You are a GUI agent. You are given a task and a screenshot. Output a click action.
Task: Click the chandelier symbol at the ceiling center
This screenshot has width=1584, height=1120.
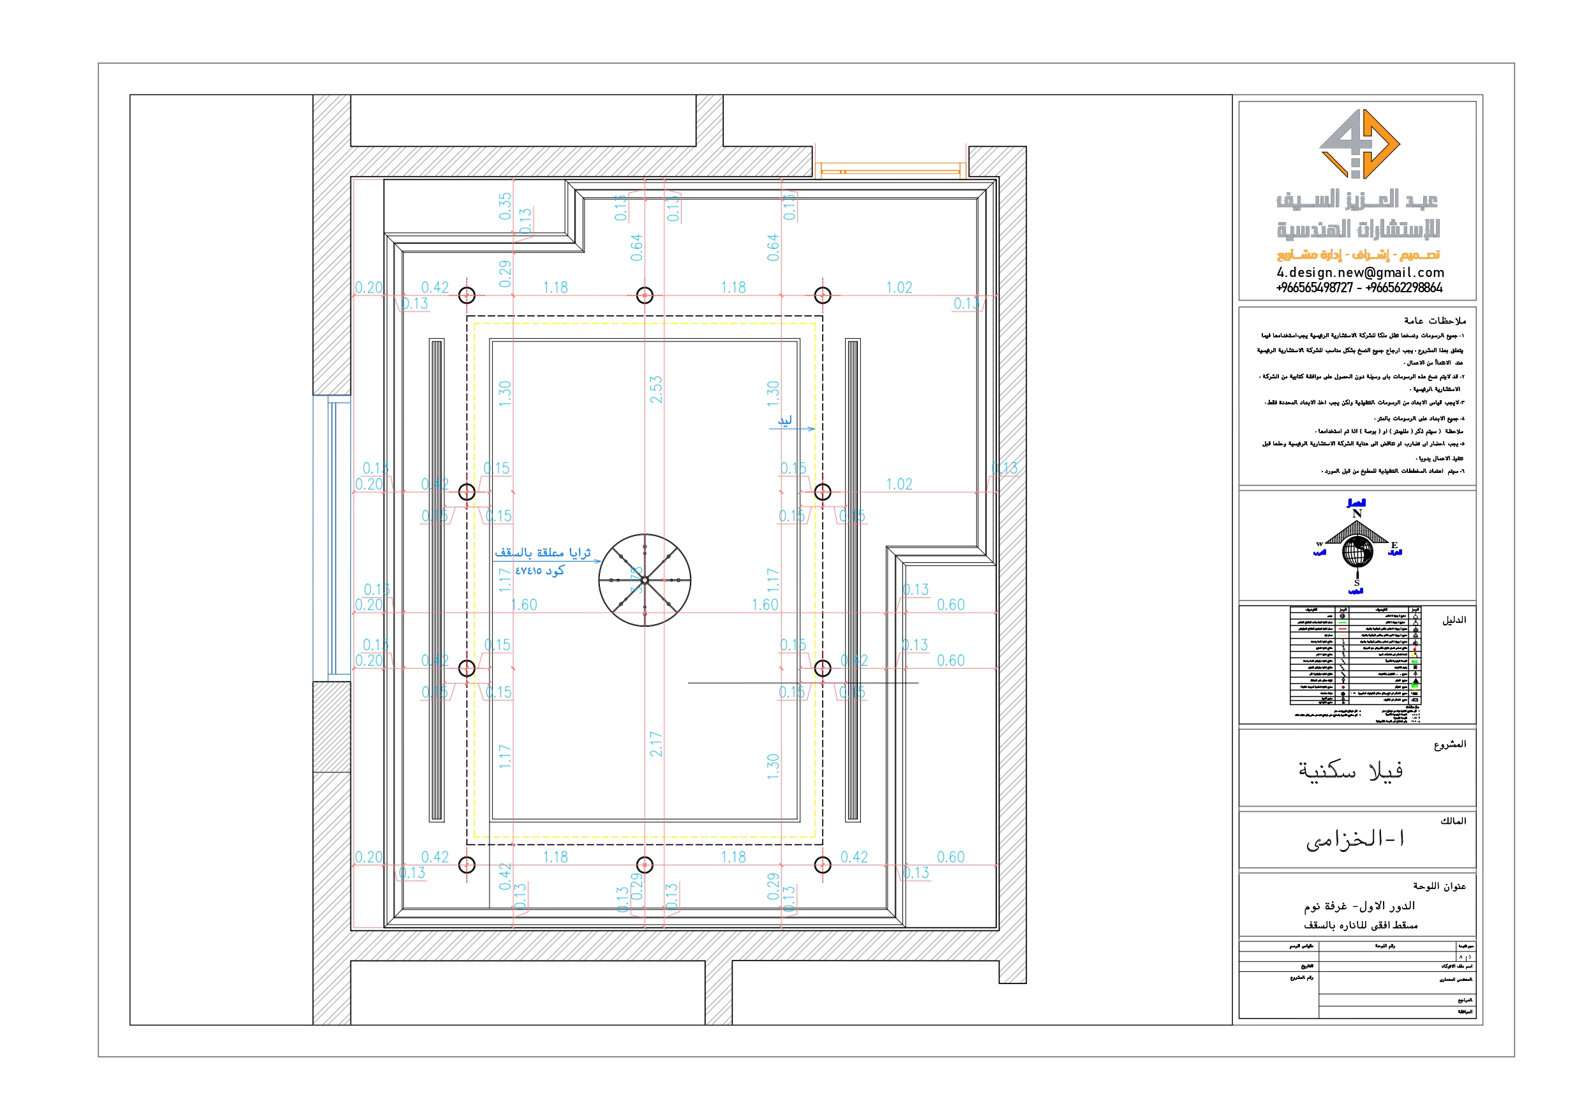tap(645, 579)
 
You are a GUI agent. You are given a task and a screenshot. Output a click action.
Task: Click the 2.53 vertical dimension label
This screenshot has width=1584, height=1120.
tap(656, 389)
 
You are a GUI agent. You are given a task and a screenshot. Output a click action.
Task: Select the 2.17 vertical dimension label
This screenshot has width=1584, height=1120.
tap(656, 744)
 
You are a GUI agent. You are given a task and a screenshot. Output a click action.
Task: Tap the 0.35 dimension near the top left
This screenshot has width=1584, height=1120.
tap(505, 205)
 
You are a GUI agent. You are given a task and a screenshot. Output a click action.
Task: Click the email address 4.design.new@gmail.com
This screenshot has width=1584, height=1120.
tap(1360, 273)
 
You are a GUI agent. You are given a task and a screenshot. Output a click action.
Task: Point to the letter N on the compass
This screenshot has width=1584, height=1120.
tap(1357, 514)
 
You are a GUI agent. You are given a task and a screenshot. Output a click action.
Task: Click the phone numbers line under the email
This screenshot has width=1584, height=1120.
tap(1359, 288)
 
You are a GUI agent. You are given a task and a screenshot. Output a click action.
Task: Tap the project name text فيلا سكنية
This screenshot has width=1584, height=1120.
tap(1350, 771)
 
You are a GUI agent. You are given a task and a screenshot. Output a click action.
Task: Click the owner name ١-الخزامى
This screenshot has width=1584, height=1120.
tap(1354, 839)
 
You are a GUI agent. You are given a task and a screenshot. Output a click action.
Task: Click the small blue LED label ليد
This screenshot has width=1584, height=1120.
tap(785, 421)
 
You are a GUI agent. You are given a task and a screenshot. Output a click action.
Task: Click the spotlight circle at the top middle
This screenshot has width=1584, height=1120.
tap(645, 295)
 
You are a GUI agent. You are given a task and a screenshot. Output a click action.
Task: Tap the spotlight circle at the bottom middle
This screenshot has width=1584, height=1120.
tap(645, 865)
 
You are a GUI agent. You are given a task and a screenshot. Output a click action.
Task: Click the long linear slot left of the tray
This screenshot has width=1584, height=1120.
tap(436, 579)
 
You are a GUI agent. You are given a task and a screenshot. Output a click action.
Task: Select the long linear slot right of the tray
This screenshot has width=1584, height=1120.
tap(853, 579)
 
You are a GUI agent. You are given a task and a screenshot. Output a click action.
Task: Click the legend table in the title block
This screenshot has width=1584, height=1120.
tap(1354, 655)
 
